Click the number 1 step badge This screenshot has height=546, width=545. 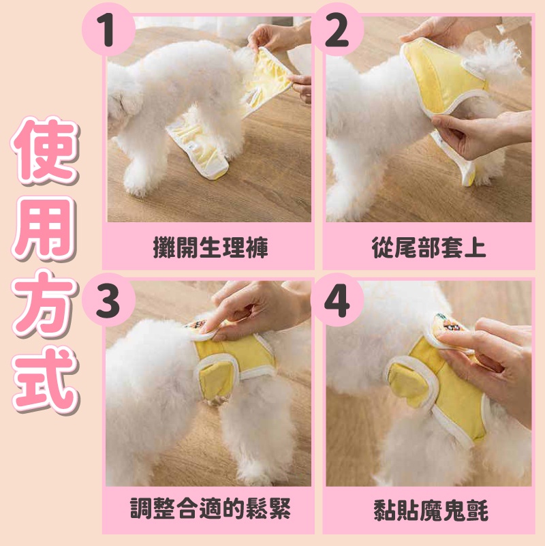[x=108, y=30]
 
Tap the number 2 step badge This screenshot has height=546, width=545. [x=337, y=30]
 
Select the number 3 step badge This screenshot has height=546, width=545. [x=108, y=300]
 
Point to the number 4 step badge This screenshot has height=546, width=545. [x=337, y=300]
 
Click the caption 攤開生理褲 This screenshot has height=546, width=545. [x=211, y=247]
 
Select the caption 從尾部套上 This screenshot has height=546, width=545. [x=429, y=247]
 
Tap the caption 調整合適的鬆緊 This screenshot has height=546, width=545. [x=211, y=509]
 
